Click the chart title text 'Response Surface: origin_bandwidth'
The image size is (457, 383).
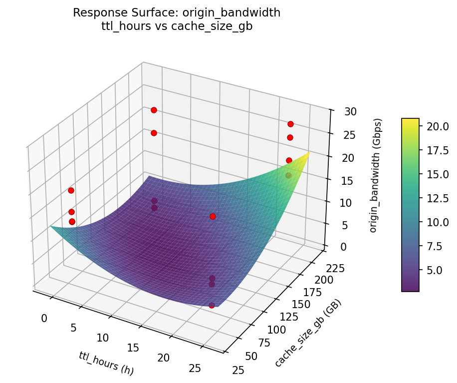coord(177,13)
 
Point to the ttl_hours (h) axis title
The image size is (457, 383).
coord(106,363)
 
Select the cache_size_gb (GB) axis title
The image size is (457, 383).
coord(308,334)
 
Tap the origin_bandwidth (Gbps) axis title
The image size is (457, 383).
coord(378,175)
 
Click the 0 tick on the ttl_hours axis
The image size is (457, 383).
coord(44,318)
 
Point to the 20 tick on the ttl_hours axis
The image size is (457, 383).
coord(163,358)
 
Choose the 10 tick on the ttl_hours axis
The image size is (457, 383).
coord(103,338)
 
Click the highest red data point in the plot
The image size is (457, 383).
coord(154,110)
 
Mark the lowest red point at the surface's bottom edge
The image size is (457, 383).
coord(212,305)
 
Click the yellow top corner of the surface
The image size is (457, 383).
coord(309,153)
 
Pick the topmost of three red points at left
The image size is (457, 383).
coord(71,190)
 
